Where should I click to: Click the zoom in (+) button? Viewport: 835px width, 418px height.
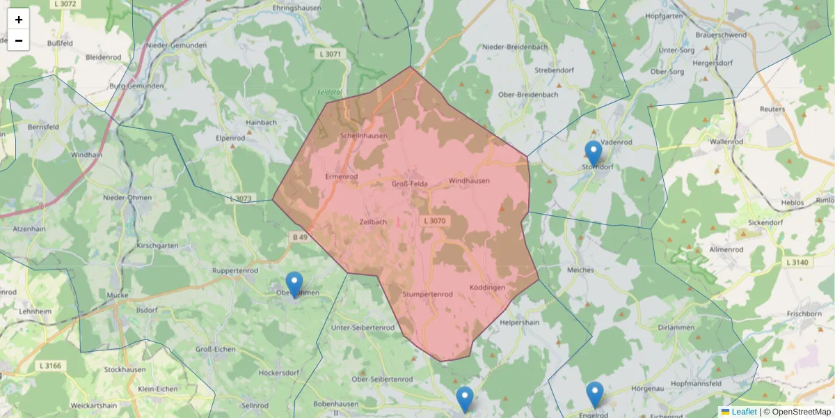pyautogui.click(x=19, y=20)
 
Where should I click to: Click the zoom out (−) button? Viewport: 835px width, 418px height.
pyautogui.click(x=19, y=40)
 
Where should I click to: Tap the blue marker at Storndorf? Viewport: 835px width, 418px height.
pyautogui.click(x=593, y=154)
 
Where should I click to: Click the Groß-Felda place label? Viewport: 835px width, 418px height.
pyautogui.click(x=409, y=184)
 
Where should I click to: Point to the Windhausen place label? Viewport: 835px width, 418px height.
pyautogui.click(x=469, y=181)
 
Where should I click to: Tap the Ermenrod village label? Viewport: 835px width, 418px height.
pyautogui.click(x=342, y=177)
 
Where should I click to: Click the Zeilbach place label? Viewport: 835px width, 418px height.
pyautogui.click(x=373, y=222)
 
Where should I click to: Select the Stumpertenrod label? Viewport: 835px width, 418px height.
pyautogui.click(x=427, y=295)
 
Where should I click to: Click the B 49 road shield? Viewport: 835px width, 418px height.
pyautogui.click(x=299, y=238)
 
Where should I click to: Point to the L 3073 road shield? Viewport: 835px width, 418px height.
pyautogui.click(x=240, y=199)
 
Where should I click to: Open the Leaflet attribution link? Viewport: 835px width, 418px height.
pyautogui.click(x=743, y=412)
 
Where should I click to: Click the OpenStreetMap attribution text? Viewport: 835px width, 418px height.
pyautogui.click(x=797, y=412)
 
